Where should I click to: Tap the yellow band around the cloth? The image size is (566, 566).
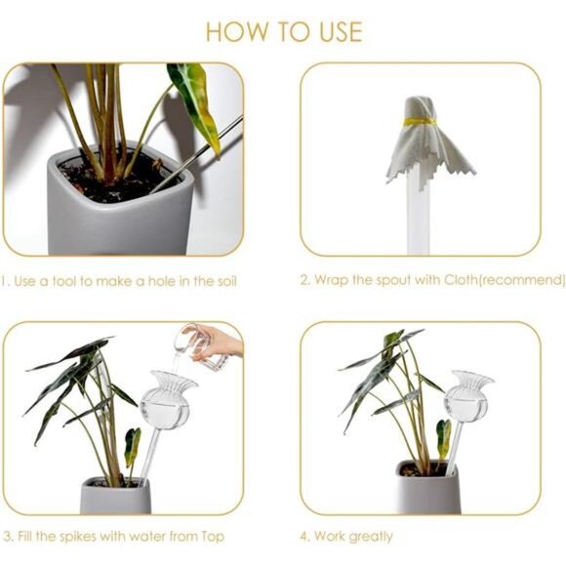coord(420,122)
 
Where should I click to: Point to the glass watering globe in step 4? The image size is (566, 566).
coord(467,399)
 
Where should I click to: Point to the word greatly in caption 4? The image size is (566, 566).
coord(371,536)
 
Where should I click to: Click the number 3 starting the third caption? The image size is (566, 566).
coord(7,536)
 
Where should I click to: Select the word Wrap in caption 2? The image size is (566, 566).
coord(335,281)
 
